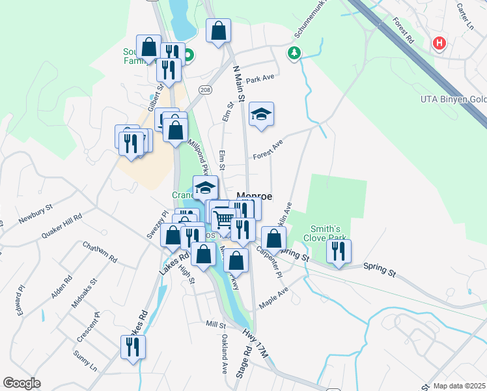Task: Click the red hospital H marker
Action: [439, 44]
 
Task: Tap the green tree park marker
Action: [295, 52]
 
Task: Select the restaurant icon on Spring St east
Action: [339, 251]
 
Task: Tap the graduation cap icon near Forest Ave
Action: [261, 114]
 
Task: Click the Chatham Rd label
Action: [100, 252]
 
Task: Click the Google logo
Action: [22, 383]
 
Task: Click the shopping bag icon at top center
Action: [219, 30]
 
